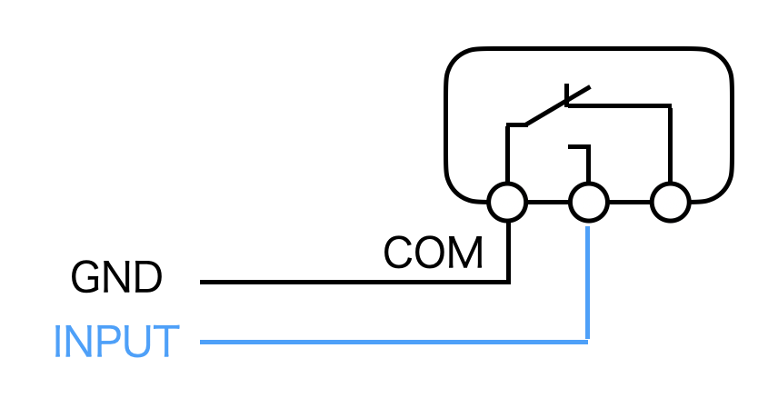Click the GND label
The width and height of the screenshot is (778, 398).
pyautogui.click(x=116, y=278)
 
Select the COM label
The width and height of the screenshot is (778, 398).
pyautogui.click(x=433, y=254)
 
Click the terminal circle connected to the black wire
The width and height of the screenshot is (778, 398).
pyautogui.click(x=507, y=202)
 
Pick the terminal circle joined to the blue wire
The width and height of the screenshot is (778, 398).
pyautogui.click(x=588, y=202)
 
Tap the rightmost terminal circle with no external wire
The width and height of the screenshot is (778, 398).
pyautogui.click(x=670, y=202)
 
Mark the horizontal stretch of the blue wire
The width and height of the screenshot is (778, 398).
pyautogui.click(x=391, y=342)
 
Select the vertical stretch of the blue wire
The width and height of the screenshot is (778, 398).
pyautogui.click(x=588, y=282)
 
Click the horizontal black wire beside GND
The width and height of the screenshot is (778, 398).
pyautogui.click(x=354, y=282)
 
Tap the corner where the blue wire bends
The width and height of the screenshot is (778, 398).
pyautogui.click(x=588, y=342)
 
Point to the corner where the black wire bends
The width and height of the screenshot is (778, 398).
pyautogui.click(x=508, y=282)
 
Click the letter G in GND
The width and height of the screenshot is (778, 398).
pyautogui.click(x=85, y=278)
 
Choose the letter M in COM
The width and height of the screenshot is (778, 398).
pyautogui.click(x=464, y=254)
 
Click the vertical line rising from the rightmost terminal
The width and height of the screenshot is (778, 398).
pyautogui.click(x=670, y=145)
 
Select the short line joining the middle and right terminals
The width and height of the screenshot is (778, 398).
pyautogui.click(x=629, y=202)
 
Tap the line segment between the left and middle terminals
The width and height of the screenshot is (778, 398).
pyautogui.click(x=548, y=202)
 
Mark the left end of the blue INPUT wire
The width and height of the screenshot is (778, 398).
pyautogui.click(x=203, y=342)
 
